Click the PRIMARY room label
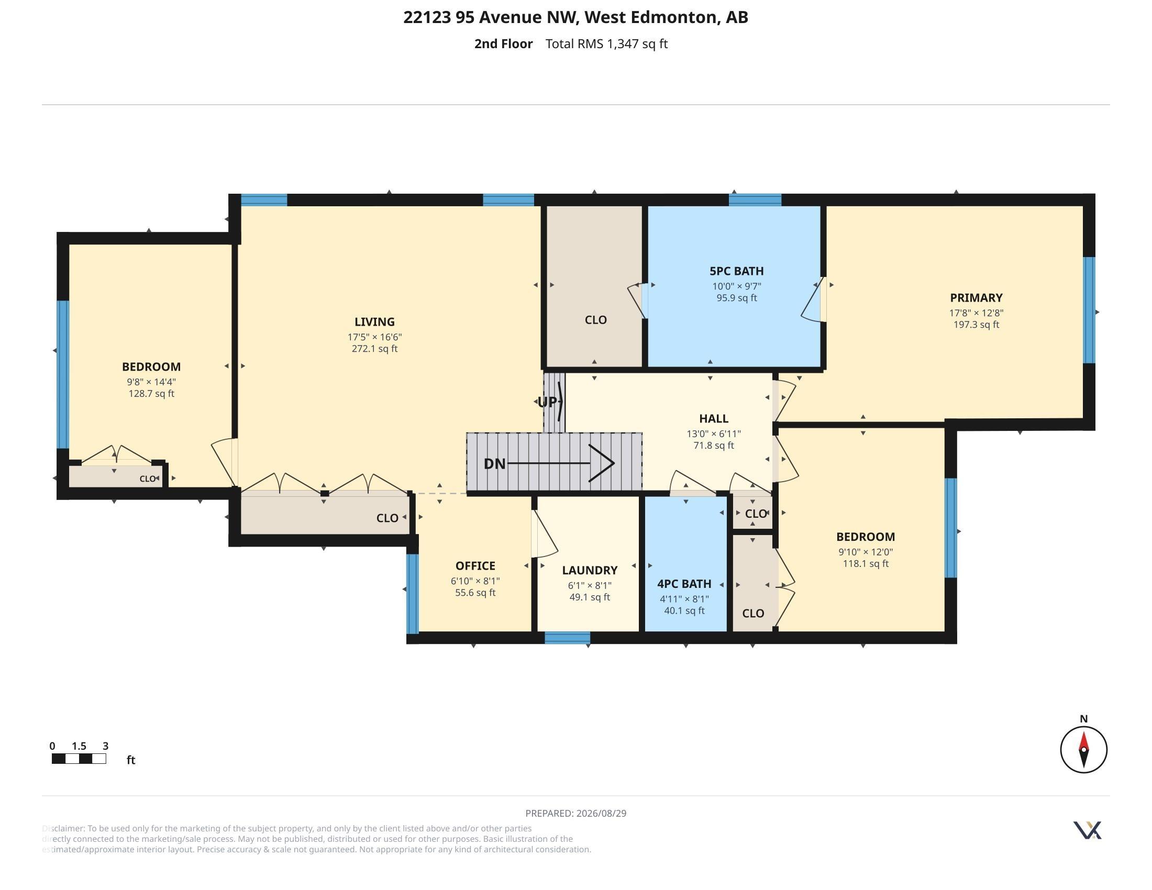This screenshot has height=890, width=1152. click(x=976, y=297)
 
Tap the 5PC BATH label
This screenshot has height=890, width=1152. click(x=736, y=271)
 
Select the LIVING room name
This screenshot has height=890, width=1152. click(x=374, y=321)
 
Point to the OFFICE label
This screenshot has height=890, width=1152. click(x=475, y=566)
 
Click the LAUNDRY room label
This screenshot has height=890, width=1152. click(x=589, y=570)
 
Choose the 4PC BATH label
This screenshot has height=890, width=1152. click(x=684, y=584)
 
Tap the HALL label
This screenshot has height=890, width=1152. click(x=714, y=419)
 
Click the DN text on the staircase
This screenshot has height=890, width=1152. click(x=495, y=463)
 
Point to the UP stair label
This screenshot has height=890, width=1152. click(x=547, y=402)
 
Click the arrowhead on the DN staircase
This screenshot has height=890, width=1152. click(x=602, y=463)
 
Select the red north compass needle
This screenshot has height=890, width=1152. click(x=1083, y=741)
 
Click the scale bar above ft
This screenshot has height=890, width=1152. click(x=79, y=759)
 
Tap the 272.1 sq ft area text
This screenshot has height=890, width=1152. click(x=374, y=349)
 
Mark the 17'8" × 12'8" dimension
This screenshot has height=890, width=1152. click(x=976, y=313)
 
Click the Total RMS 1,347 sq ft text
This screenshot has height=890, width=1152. click(x=606, y=44)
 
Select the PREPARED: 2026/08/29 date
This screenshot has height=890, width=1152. click(x=576, y=813)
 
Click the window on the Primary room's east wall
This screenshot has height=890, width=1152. click(x=1089, y=310)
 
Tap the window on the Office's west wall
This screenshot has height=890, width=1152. click(x=413, y=593)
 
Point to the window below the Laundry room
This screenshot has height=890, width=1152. click(x=567, y=638)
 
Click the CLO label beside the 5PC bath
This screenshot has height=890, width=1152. click(x=595, y=320)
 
